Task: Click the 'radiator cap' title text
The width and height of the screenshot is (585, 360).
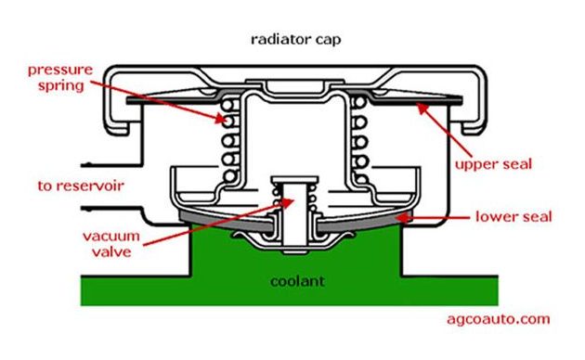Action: [296, 40]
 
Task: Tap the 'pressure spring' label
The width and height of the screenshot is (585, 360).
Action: [60, 78]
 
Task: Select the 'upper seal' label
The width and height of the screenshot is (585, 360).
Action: [493, 165]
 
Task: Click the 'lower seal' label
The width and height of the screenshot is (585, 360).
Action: [513, 216]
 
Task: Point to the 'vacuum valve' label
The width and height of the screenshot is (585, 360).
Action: [111, 244]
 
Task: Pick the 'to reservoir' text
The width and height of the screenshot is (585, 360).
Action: [81, 186]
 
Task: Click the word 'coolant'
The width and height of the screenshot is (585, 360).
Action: [297, 281]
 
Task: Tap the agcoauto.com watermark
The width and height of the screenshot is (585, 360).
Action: [499, 319]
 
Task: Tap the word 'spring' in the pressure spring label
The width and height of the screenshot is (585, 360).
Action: [61, 86]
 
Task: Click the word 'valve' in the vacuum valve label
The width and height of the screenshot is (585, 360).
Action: [111, 252]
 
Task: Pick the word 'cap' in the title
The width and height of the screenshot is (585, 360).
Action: [329, 40]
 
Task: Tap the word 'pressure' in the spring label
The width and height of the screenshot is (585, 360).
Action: [60, 71]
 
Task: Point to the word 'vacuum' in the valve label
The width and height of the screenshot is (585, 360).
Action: [111, 237]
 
